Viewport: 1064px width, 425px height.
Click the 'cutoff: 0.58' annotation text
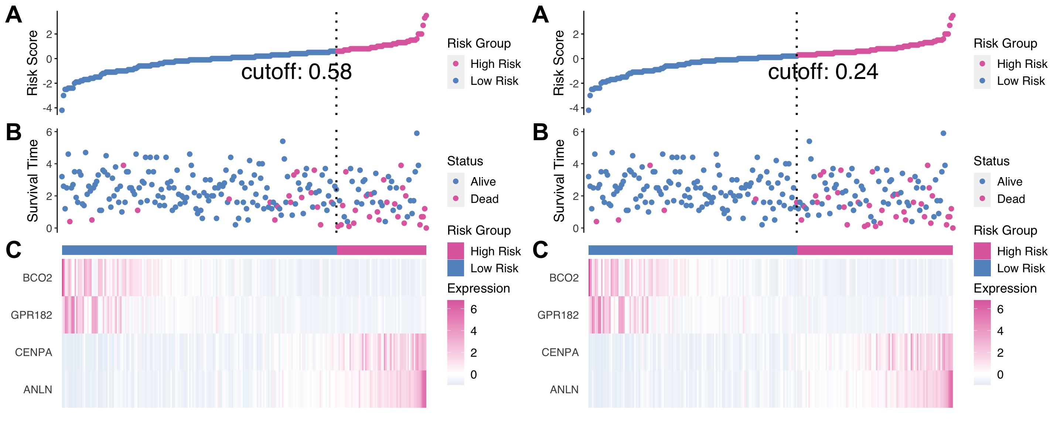point(296,72)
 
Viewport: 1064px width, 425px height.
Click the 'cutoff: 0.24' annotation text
point(823,72)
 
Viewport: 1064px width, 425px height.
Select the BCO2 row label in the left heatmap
point(37,278)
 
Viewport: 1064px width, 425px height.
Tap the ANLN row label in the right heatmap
point(564,390)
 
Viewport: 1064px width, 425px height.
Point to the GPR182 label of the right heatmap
point(558,315)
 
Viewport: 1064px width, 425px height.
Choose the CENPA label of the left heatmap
point(34,352)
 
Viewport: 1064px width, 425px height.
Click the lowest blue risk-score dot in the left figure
point(62,110)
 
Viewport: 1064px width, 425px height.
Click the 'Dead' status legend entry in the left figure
point(484,199)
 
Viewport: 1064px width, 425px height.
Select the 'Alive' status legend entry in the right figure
point(1009,182)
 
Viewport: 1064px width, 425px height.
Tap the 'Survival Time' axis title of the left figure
point(33,181)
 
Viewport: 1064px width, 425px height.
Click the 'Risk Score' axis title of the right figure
point(559,63)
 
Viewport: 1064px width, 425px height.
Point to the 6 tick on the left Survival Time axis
point(49,132)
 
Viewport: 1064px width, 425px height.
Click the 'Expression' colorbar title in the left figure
point(478,288)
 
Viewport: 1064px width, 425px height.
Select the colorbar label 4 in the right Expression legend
point(1000,331)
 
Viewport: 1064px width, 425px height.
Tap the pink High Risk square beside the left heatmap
point(456,251)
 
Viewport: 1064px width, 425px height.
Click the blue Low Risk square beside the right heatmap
point(982,268)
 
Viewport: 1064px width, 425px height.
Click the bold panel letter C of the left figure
point(14,250)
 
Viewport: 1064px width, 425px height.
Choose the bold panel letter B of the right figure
point(540,132)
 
